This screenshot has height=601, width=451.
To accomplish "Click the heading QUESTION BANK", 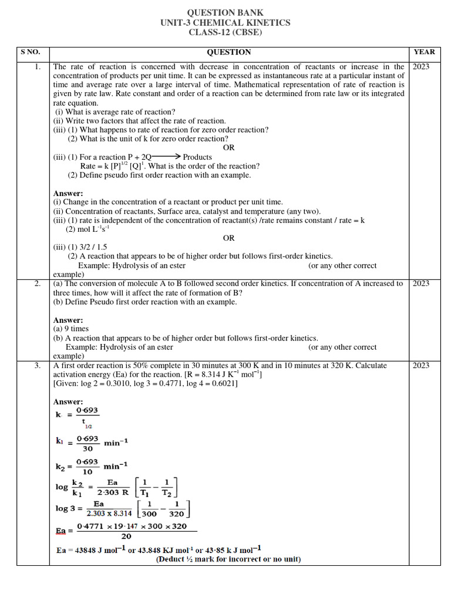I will [225, 13].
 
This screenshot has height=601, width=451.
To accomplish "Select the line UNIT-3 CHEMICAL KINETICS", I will [225, 23].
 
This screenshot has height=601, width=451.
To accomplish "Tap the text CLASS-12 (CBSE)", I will [225, 32].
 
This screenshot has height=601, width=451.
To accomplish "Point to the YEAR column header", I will [424, 52].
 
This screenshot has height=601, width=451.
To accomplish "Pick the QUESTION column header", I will [228, 52].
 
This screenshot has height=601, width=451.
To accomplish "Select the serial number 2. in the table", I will [37, 283].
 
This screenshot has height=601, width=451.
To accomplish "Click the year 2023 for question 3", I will [421, 366].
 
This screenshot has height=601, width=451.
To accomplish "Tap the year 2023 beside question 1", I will [421, 67].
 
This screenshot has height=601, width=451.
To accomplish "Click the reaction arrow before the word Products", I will [166, 157].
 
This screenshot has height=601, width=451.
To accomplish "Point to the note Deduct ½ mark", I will [228, 559].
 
